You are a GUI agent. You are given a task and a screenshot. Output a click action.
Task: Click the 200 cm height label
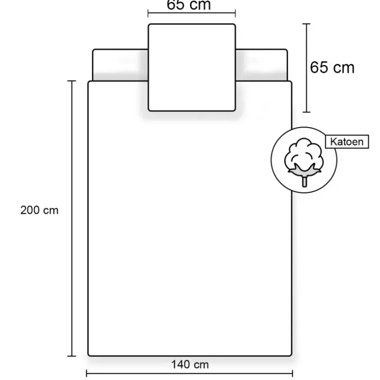[39, 210]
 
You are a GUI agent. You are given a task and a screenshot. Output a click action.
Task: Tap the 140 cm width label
[190, 364]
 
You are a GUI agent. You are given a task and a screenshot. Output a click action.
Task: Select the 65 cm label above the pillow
[189, 5]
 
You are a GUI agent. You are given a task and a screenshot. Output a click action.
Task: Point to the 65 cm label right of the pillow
[332, 67]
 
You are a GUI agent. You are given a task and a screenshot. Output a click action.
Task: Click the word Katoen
[347, 142]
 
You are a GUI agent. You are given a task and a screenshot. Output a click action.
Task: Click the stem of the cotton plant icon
[304, 182]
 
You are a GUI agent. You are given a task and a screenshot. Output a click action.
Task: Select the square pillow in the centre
[192, 68]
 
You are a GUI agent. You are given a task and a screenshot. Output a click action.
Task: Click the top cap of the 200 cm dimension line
[72, 81]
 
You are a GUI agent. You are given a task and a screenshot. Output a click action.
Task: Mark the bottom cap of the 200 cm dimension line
[72, 356]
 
